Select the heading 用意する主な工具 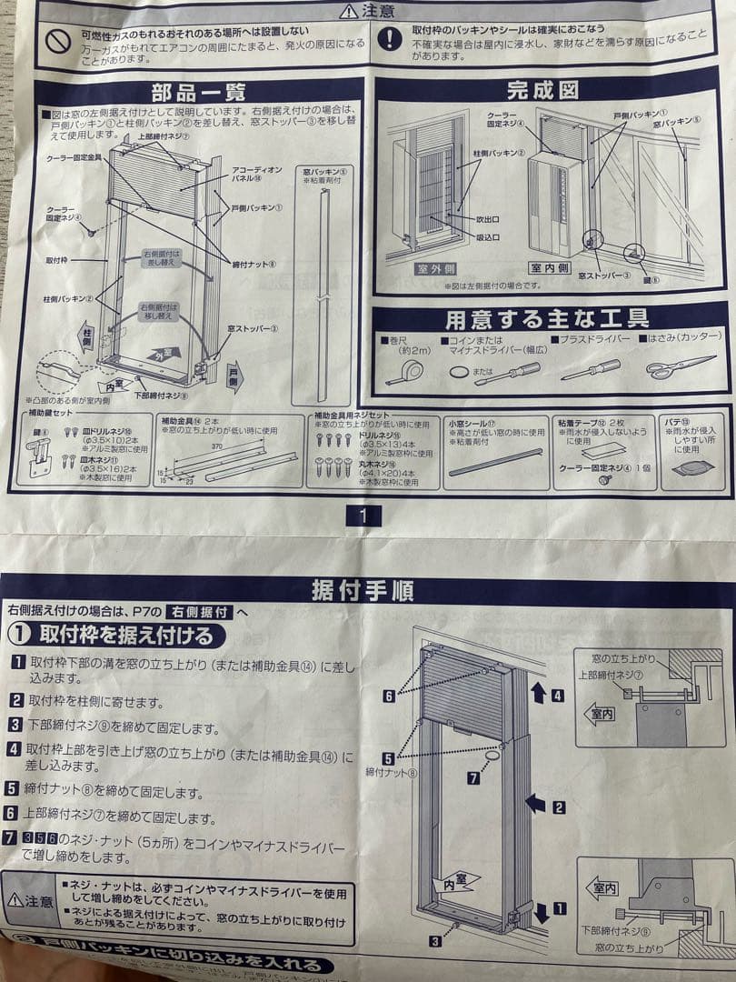click(x=547, y=319)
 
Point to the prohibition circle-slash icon click(x=59, y=41)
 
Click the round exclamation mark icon click(x=389, y=38)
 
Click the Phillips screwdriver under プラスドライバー click(x=590, y=369)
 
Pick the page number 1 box click(x=363, y=516)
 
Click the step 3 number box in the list click(x=16, y=725)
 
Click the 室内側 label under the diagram click(x=550, y=269)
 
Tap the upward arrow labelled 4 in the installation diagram click(x=537, y=693)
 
